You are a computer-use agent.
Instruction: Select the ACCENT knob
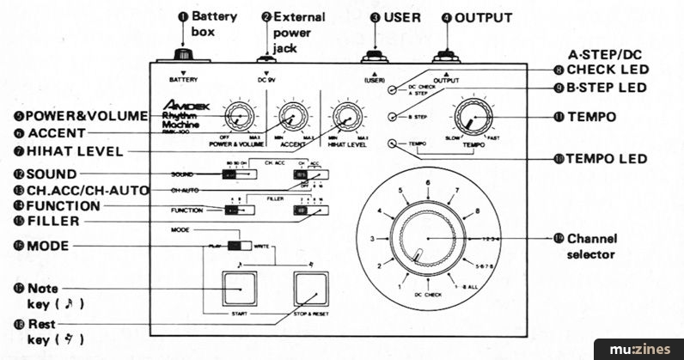coord(293,115)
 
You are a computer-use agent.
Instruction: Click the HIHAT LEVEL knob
coord(347,115)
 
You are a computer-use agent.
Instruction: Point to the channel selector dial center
coord(427,238)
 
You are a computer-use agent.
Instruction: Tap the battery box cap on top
coord(182,55)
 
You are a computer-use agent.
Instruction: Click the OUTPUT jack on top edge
coord(445,56)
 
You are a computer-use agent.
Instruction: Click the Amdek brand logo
coord(180,109)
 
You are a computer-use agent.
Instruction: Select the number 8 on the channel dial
coord(477,210)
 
